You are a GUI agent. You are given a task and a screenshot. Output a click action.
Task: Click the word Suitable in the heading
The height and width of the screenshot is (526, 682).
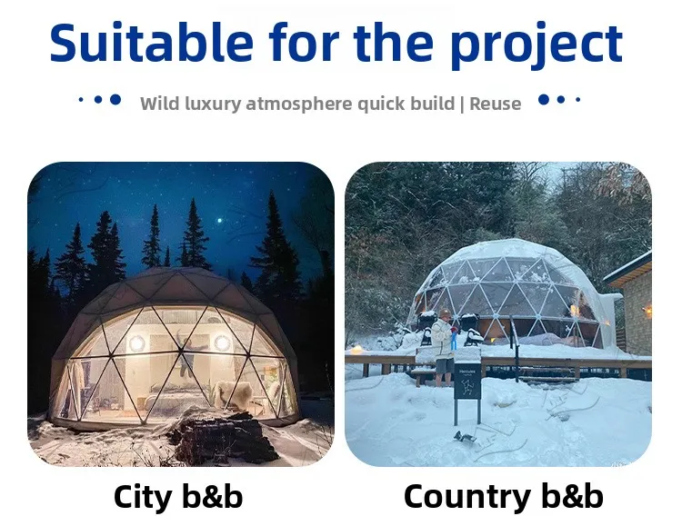click(151, 42)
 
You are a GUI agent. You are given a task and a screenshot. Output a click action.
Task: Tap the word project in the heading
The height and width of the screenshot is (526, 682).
click(537, 45)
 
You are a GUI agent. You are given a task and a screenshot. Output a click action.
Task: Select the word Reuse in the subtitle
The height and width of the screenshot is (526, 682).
click(495, 104)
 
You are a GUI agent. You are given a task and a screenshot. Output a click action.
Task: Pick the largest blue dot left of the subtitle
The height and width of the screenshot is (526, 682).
click(115, 100)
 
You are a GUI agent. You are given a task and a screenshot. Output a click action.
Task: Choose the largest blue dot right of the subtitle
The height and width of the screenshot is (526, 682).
click(544, 100)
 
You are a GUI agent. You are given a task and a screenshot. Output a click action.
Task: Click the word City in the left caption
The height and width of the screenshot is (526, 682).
click(142, 498)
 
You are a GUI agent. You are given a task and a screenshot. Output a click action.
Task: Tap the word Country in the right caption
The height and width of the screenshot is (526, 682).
click(466, 498)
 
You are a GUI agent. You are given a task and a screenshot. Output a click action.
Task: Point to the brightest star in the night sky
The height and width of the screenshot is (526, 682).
click(220, 221)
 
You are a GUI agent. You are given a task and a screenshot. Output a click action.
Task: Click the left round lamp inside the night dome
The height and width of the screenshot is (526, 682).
click(136, 344)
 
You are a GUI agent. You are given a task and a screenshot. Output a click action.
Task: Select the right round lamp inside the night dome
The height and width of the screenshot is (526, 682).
click(222, 343)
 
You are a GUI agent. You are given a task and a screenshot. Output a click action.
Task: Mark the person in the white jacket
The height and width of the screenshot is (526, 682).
click(444, 347)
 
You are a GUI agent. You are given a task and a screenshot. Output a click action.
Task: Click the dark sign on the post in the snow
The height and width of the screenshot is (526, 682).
click(467, 382)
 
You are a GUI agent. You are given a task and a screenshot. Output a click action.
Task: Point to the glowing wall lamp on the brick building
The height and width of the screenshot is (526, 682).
click(647, 311)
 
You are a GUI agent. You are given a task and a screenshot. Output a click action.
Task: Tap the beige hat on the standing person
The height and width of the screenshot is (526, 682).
click(445, 313)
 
